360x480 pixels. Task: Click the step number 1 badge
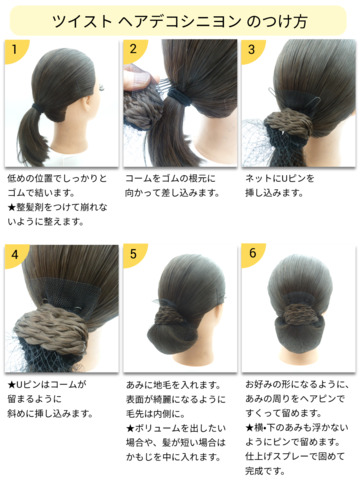[15, 50]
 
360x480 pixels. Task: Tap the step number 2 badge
[133, 50]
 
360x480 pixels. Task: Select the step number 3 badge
[252, 50]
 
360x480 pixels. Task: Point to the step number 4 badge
[15, 255]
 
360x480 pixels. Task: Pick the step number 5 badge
[133, 254]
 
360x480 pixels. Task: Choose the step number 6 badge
[252, 254]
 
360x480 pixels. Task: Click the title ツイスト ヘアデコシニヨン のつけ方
[180, 21]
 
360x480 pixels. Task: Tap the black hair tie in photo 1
[40, 109]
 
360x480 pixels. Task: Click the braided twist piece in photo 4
[51, 328]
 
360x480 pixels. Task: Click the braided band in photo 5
[169, 317]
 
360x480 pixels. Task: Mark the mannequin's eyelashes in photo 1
[101, 88]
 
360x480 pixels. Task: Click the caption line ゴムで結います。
[41, 193]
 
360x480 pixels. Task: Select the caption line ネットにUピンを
[280, 179]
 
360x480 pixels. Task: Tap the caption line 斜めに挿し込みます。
[50, 414]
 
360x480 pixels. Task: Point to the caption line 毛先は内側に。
[156, 414]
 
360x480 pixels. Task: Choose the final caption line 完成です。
[266, 471]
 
